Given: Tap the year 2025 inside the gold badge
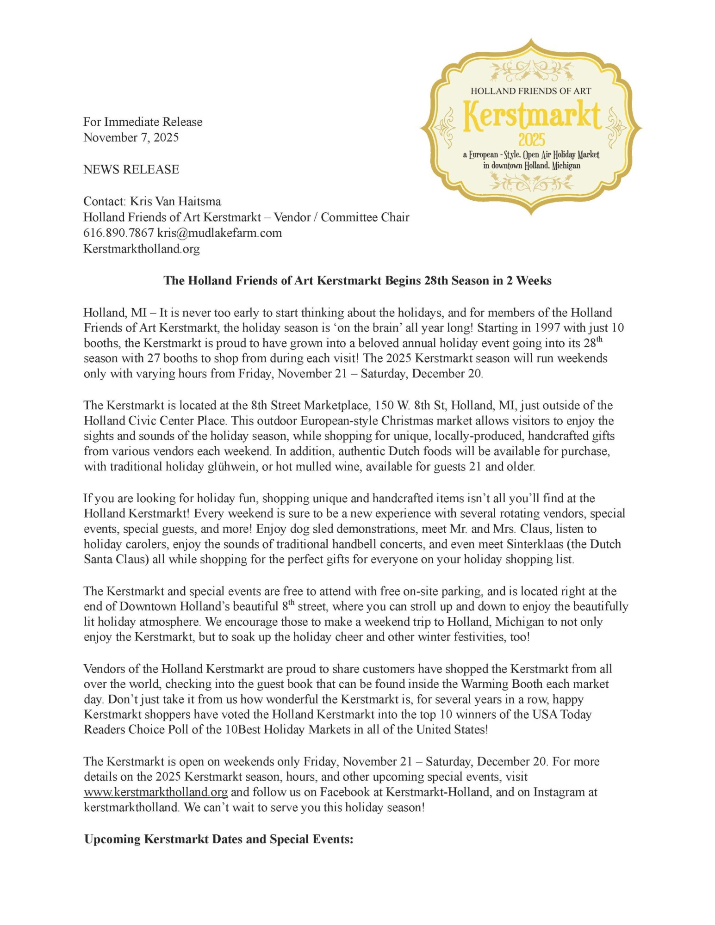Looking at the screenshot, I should (531, 139).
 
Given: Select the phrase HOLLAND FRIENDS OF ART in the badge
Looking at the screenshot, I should (531, 91).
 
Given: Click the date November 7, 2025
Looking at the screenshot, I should (131, 137).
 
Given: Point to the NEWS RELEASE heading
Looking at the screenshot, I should (131, 169).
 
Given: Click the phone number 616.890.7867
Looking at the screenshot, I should (118, 233).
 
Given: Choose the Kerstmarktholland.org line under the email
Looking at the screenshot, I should (142, 249).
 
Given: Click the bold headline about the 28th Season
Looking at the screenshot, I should (357, 281).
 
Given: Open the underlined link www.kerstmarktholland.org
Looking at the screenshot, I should (155, 792).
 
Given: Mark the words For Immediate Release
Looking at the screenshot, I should (143, 122).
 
